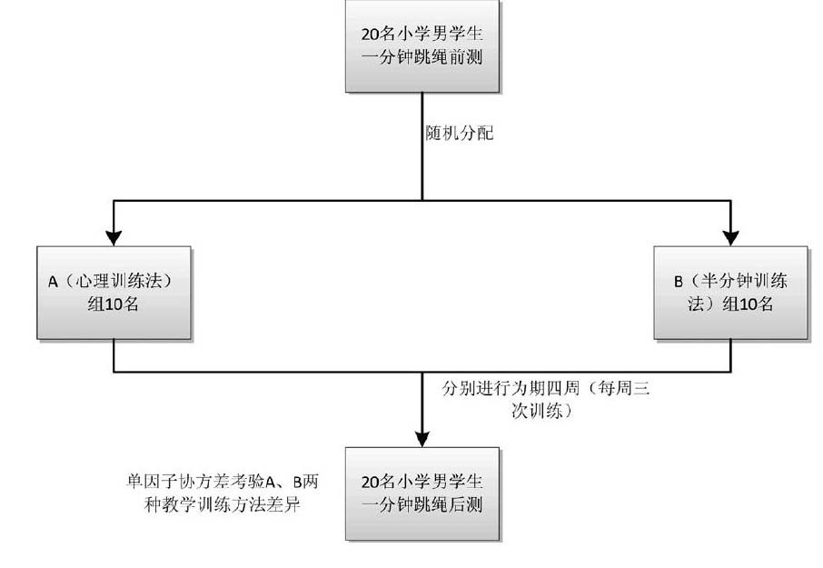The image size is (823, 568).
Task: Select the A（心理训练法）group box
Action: [114, 293]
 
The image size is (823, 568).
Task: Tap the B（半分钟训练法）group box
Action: [730, 293]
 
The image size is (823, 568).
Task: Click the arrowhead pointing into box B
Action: [731, 237]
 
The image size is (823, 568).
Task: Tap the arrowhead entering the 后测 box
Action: [422, 438]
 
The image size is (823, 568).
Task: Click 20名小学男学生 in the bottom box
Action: [422, 482]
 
